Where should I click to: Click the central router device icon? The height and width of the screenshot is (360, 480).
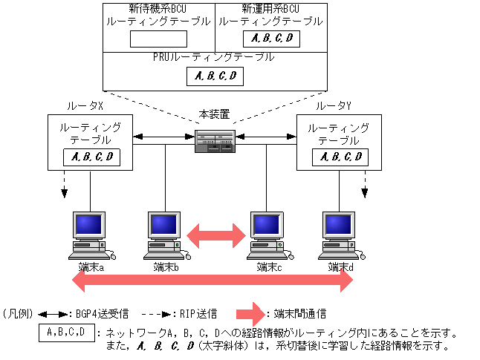tap(215, 140)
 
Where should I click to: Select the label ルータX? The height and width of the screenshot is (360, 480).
tap(85, 107)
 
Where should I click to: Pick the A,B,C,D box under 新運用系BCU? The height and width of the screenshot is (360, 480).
tap(272, 39)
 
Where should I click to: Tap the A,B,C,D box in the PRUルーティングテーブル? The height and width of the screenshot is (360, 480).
tap(215, 75)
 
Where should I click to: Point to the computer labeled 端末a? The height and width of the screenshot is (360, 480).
tap(89, 234)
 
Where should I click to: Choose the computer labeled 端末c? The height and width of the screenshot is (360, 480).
tap(266, 234)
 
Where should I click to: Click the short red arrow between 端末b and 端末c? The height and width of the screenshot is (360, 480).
tap(215, 236)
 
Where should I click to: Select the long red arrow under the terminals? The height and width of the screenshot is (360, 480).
tap(212, 281)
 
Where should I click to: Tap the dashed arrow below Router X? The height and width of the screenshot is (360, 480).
tap(64, 185)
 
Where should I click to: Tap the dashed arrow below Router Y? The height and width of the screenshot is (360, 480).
tap(366, 185)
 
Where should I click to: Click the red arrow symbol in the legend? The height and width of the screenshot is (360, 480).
tap(253, 314)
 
